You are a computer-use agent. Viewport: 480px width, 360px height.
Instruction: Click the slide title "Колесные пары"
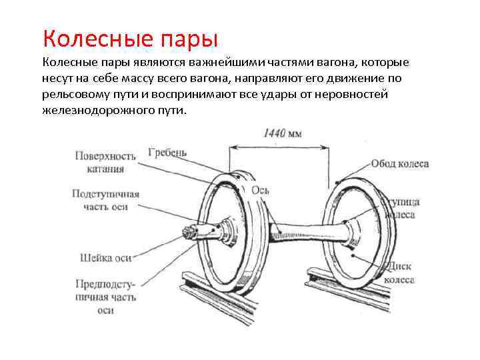tap(129, 36)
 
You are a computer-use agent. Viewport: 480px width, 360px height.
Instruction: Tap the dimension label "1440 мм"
tap(283, 133)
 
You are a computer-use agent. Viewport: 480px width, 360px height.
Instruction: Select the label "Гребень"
tap(167, 152)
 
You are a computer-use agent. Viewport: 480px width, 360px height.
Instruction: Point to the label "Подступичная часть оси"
tap(106, 200)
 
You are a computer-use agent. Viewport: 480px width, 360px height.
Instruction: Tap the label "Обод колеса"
tap(399, 163)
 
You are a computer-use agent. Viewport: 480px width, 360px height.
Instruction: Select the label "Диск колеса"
tap(399, 273)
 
